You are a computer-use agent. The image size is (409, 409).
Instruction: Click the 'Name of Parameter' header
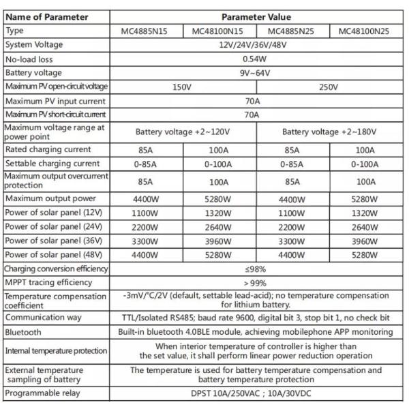(47, 17)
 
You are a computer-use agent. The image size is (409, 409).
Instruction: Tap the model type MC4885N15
(147, 31)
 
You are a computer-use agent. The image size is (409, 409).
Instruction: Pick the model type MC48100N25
(367, 31)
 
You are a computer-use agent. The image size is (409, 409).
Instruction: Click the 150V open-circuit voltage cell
(183, 87)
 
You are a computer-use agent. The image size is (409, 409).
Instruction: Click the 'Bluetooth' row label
(25, 332)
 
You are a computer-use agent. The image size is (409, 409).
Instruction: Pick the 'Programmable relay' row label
(42, 394)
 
